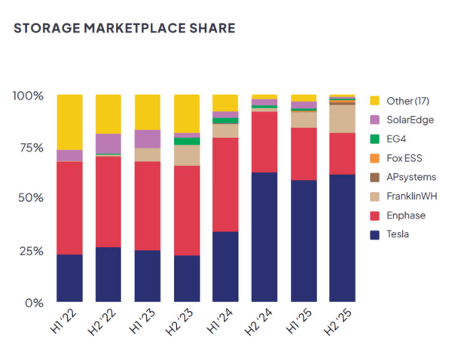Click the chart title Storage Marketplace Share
[x=124, y=29]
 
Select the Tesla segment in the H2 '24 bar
[x=264, y=237]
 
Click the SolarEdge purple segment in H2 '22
[x=108, y=143]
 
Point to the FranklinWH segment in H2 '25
[x=342, y=119]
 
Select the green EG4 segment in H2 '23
[x=187, y=141]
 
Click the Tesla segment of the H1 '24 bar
[x=225, y=267]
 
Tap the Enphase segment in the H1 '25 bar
[x=304, y=154]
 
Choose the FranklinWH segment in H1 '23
[x=147, y=154]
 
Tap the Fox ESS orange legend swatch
[x=374, y=158]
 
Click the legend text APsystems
[x=411, y=177]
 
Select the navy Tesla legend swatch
[x=374, y=235]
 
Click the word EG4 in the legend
[x=396, y=139]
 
